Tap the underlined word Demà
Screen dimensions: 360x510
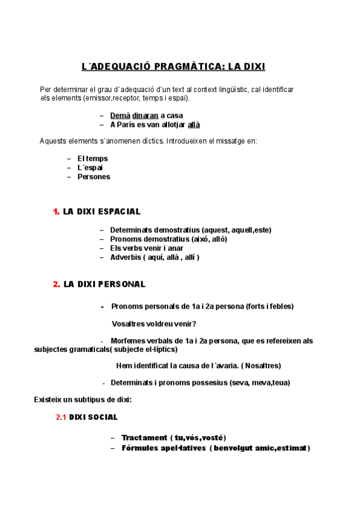pyautogui.click(x=120, y=115)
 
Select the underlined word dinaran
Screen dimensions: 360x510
pyautogui.click(x=145, y=115)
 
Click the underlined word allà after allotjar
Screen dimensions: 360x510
pyautogui.click(x=194, y=124)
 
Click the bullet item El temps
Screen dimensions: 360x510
pyautogui.click(x=93, y=158)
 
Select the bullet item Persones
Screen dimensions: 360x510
pyautogui.click(x=93, y=177)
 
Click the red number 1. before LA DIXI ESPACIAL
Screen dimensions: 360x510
pyautogui.click(x=56, y=212)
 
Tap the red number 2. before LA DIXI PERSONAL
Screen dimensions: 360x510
pyautogui.click(x=56, y=284)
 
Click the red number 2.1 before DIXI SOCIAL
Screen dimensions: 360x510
pyautogui.click(x=61, y=417)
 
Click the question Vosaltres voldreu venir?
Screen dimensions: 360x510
pyautogui.click(x=154, y=324)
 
